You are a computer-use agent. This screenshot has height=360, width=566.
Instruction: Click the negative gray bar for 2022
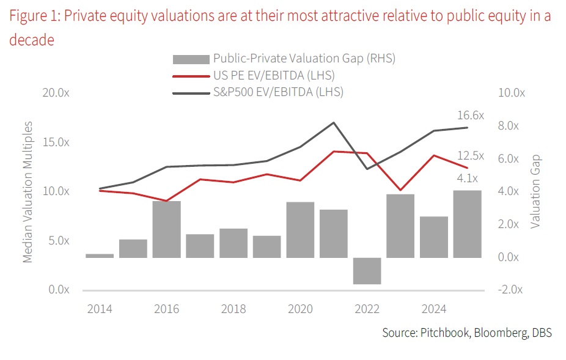click(x=367, y=271)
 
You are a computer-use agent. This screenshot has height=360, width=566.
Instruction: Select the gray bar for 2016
click(x=166, y=229)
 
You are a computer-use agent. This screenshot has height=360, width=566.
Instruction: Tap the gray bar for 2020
click(x=300, y=230)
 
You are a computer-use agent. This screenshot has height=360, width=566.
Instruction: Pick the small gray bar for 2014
click(x=100, y=255)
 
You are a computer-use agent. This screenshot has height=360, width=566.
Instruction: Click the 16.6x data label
click(x=470, y=116)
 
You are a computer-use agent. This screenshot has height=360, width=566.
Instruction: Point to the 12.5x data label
click(x=470, y=156)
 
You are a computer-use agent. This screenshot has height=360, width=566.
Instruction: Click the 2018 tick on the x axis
click(x=233, y=309)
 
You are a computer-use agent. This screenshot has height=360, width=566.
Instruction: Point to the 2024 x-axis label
click(x=434, y=309)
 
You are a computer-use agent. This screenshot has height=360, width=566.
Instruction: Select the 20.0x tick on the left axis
click(x=56, y=93)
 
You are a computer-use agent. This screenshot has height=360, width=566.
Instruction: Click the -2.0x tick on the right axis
click(x=512, y=290)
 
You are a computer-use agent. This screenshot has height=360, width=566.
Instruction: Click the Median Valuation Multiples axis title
click(x=28, y=192)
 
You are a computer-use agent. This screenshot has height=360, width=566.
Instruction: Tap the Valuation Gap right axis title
click(x=535, y=192)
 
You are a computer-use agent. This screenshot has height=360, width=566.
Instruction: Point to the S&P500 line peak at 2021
click(x=333, y=122)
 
